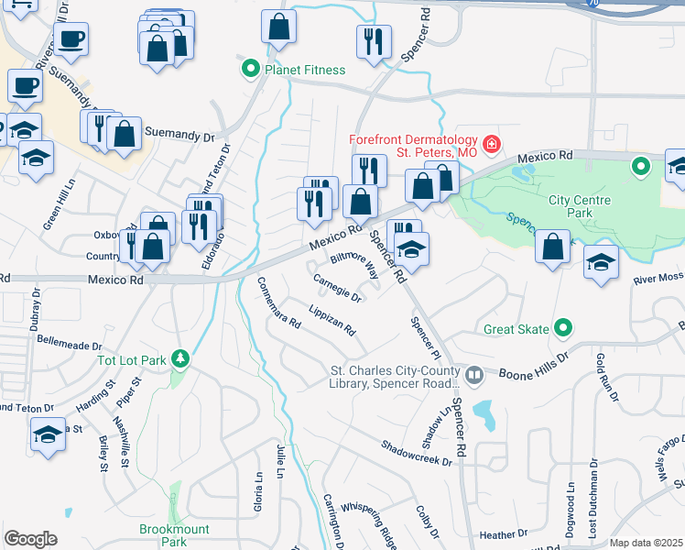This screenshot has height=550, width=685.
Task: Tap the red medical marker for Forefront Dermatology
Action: point(492,144)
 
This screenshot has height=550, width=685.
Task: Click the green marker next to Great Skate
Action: point(564,328)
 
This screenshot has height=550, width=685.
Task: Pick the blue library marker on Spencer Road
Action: point(474,374)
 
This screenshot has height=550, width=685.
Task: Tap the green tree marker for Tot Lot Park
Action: point(181,358)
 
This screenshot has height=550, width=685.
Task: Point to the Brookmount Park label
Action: point(174,535)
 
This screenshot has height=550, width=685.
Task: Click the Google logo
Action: point(30,539)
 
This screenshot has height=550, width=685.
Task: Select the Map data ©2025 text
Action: point(647,543)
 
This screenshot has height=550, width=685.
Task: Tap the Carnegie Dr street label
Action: point(338,287)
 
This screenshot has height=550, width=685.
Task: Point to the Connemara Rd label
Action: point(278,302)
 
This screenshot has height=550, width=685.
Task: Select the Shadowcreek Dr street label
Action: point(418,452)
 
